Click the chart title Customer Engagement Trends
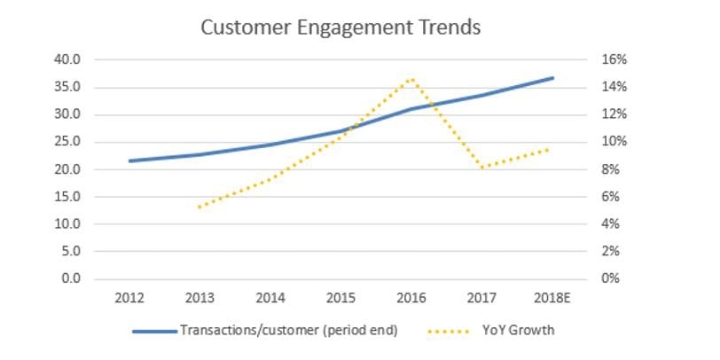coord(340,27)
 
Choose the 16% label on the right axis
coord(615,60)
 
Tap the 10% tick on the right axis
coord(615,142)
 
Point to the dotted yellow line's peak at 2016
coord(411,79)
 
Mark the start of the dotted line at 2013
coord(200,207)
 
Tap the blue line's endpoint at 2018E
coord(552,78)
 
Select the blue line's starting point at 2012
coord(130,160)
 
